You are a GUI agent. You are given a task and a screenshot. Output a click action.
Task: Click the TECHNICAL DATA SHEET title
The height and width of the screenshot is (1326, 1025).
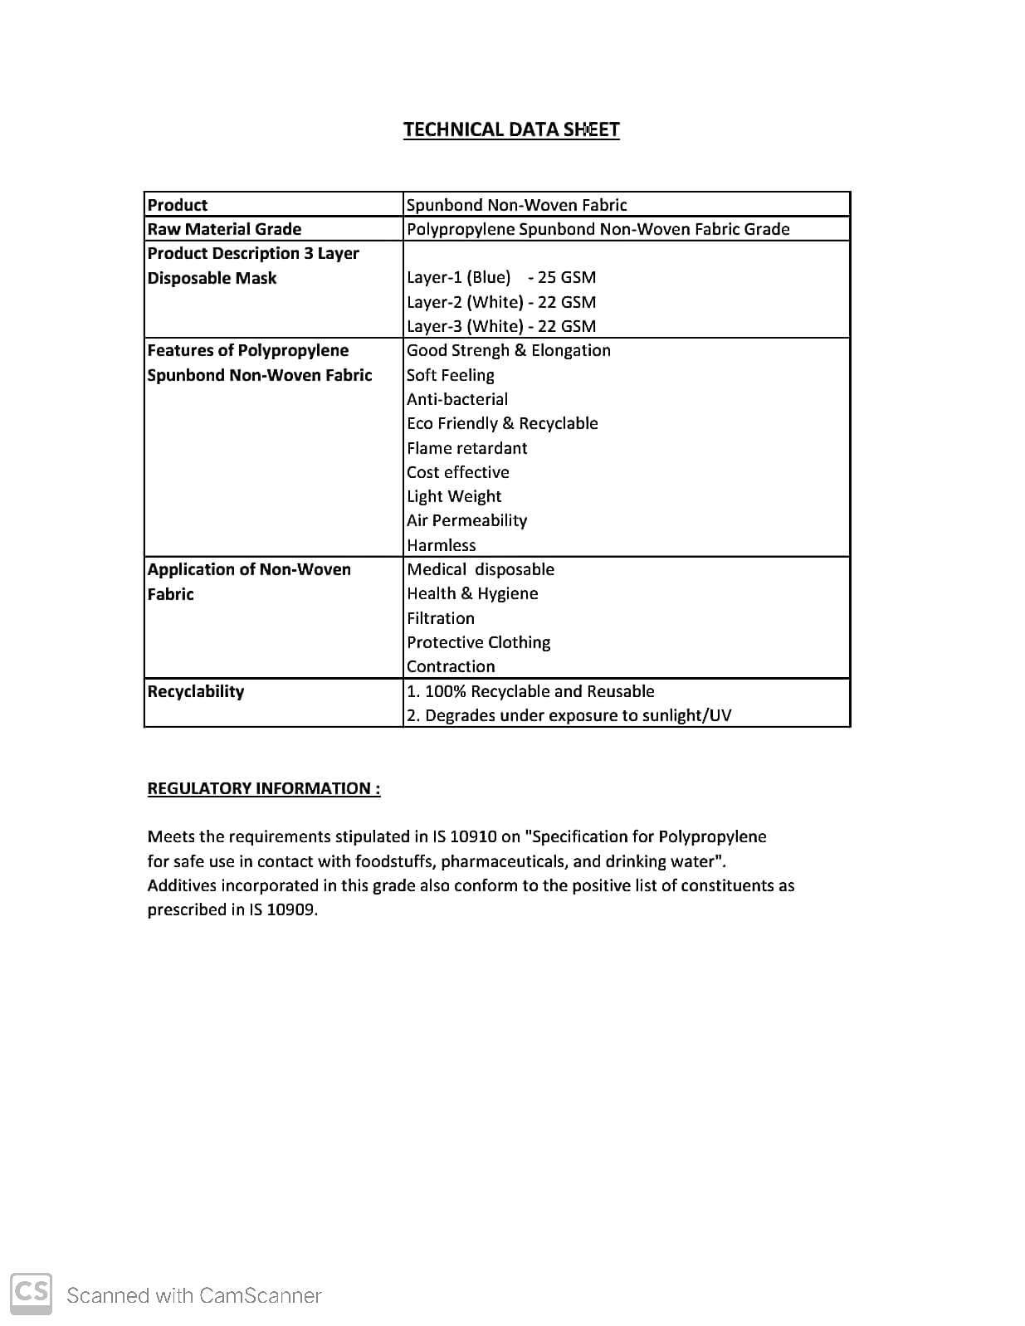(x=511, y=129)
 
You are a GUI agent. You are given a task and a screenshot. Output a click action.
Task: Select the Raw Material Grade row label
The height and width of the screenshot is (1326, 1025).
(x=224, y=229)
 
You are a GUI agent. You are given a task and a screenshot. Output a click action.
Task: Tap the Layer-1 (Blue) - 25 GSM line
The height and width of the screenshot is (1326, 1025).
(x=501, y=277)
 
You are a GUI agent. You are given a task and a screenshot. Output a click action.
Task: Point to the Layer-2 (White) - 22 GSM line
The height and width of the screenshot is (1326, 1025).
(x=501, y=302)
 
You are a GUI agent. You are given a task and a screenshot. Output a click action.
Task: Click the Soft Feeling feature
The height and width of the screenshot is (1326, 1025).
(x=451, y=375)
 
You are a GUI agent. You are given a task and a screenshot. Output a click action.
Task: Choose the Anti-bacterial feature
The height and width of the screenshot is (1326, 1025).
(x=457, y=399)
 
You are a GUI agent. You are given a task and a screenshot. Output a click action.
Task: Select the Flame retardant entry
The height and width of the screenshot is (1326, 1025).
(x=467, y=448)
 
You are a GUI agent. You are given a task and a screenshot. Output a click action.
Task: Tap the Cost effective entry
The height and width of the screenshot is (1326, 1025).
(x=458, y=472)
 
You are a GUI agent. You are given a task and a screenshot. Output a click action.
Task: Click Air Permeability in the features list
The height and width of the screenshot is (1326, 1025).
(x=467, y=520)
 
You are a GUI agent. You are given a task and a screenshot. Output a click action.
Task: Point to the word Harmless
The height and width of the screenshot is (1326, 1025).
(x=442, y=545)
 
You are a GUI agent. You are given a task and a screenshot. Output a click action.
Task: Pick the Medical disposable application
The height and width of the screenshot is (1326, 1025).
(x=481, y=569)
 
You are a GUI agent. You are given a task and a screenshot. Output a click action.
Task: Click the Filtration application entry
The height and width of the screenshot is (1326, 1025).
(x=441, y=618)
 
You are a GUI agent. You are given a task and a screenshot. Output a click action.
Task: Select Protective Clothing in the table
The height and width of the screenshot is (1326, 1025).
(x=479, y=642)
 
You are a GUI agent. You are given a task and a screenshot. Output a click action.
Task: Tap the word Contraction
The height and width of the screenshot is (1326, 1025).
(x=451, y=666)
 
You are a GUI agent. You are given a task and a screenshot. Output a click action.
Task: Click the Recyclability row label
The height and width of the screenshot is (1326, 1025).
(x=196, y=691)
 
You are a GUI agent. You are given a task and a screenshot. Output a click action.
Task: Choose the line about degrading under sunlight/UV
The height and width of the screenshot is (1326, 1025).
(x=569, y=715)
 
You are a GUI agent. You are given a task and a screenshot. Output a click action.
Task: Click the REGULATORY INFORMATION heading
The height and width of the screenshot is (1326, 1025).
(x=264, y=788)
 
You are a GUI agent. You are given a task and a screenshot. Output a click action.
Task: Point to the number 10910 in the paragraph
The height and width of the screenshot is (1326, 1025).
(x=474, y=836)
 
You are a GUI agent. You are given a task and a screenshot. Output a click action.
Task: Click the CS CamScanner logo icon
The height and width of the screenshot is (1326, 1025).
(x=32, y=1293)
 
